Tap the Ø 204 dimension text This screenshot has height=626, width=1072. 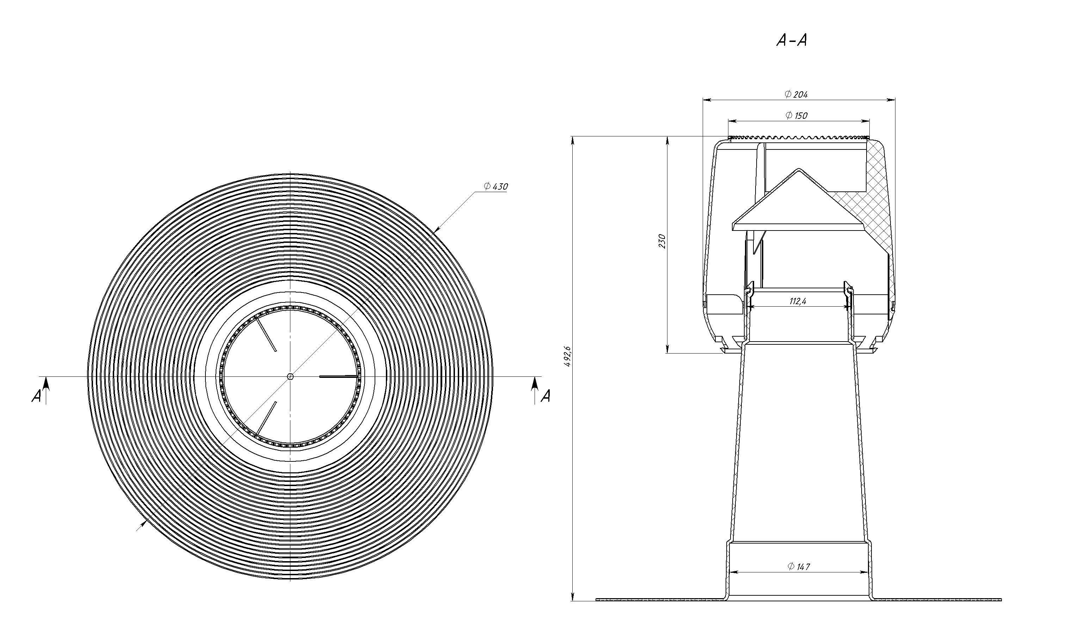(796, 94)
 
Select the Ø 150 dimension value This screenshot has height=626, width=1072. (796, 115)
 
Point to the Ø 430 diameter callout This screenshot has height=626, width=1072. (495, 186)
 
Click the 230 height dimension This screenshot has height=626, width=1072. (661, 241)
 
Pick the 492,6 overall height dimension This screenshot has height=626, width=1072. (568, 357)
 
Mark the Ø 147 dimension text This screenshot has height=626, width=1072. (799, 566)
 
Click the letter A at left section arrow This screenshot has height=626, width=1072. (37, 397)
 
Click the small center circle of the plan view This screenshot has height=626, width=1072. (290, 376)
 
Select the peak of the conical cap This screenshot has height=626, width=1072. (799, 170)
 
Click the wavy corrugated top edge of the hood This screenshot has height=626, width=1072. (799, 137)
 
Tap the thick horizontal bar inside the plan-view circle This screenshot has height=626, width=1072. (339, 376)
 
